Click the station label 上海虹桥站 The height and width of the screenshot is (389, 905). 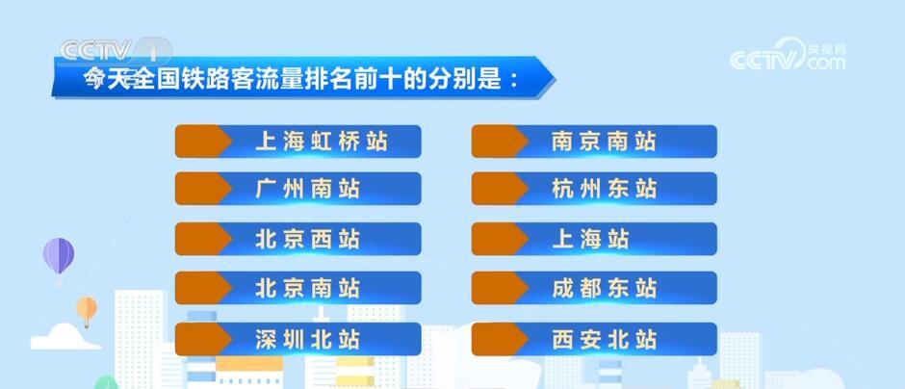[x=322, y=142]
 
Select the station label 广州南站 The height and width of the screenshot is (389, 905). [x=308, y=189]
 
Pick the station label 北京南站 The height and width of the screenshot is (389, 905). [x=308, y=288]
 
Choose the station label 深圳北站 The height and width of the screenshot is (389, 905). [x=308, y=339]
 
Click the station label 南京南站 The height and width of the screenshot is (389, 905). [x=604, y=142]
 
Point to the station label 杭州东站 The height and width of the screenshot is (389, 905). [x=604, y=189]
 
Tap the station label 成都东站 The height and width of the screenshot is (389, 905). [x=604, y=288]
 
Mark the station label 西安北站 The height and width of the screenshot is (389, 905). [x=604, y=339]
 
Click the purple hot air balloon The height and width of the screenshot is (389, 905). [x=59, y=256]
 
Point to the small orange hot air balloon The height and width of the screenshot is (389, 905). [x=87, y=309]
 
